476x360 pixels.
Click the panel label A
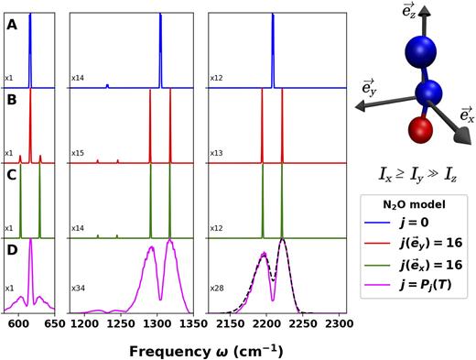coord(12,26)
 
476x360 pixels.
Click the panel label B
coord(12,100)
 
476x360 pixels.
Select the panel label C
coord(12,174)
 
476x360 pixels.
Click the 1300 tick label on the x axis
coord(157,323)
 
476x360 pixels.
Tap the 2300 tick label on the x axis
coord(338,323)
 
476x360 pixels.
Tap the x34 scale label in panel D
coord(79,300)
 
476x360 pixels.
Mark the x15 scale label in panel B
coord(79,152)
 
